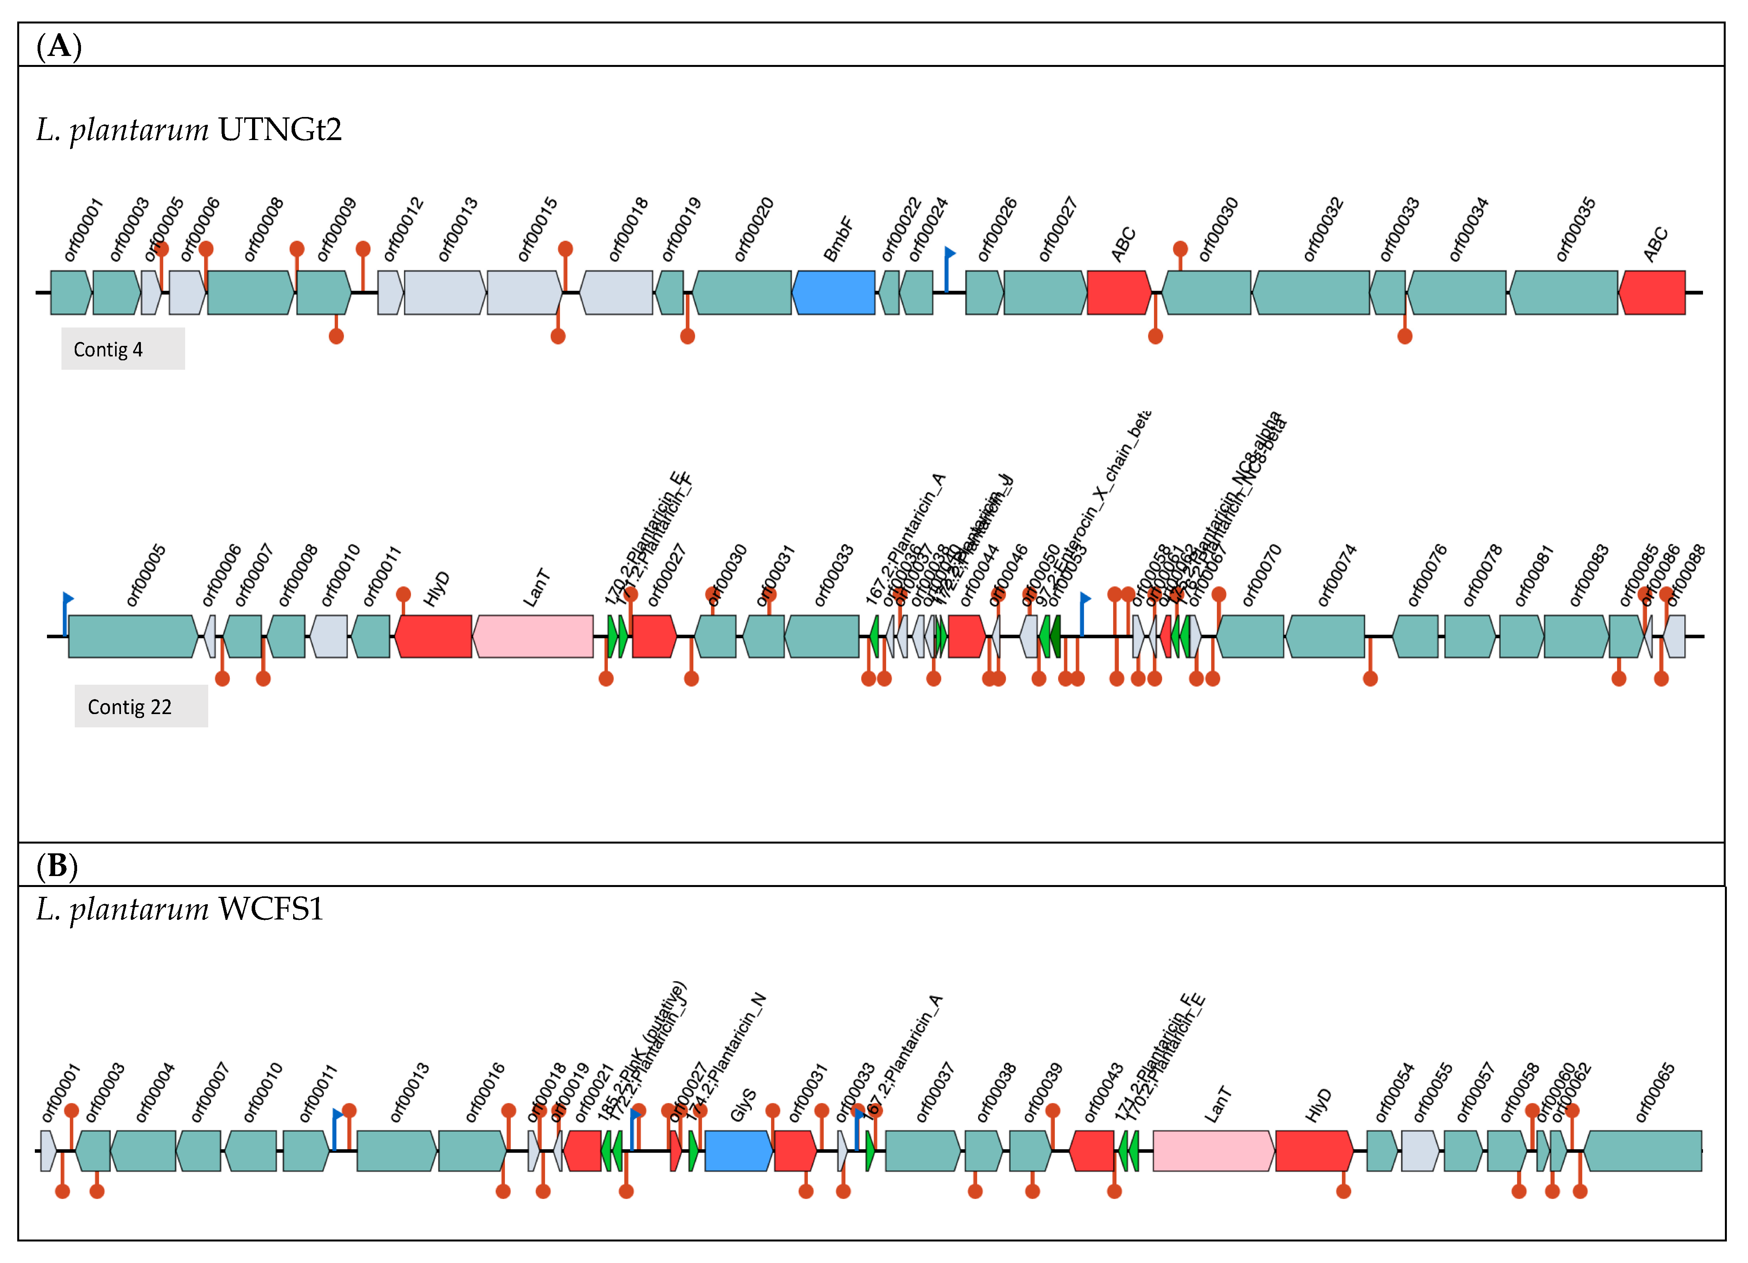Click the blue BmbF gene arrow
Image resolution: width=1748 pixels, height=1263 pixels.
tap(833, 293)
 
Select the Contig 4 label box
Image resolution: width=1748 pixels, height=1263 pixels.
tap(123, 349)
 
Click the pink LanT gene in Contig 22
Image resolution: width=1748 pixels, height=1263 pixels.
tap(533, 637)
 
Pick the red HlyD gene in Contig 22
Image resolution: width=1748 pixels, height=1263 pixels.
tap(434, 637)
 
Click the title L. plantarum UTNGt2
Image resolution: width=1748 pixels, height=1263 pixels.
tap(189, 130)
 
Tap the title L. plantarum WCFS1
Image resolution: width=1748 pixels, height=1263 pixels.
tap(180, 909)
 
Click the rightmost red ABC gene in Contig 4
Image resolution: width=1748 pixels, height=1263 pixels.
tap(1652, 293)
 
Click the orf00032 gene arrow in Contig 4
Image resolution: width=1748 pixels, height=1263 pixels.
tap(1311, 293)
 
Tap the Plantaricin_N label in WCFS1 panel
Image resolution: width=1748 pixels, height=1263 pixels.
tap(728, 1048)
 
